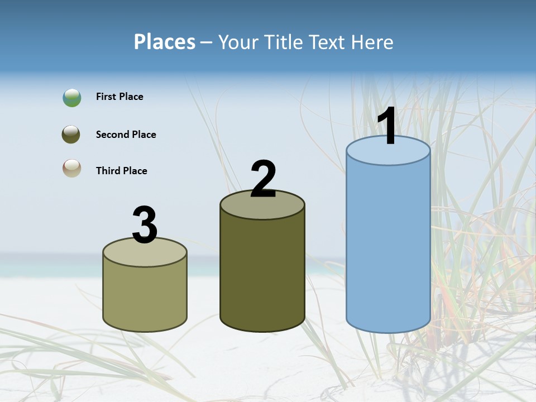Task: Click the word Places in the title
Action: (x=164, y=42)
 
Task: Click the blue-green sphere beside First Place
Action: (x=72, y=98)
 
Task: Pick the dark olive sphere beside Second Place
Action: (x=71, y=135)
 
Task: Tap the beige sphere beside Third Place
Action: (x=71, y=168)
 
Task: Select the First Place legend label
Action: (x=119, y=97)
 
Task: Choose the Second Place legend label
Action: (x=126, y=135)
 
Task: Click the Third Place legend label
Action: (x=121, y=171)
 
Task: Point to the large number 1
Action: (x=387, y=126)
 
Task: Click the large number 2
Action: (x=263, y=179)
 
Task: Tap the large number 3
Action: (x=145, y=225)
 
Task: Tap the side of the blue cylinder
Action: (x=388, y=246)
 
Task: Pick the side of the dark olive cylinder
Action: (x=262, y=274)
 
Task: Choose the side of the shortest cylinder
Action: (x=145, y=299)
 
